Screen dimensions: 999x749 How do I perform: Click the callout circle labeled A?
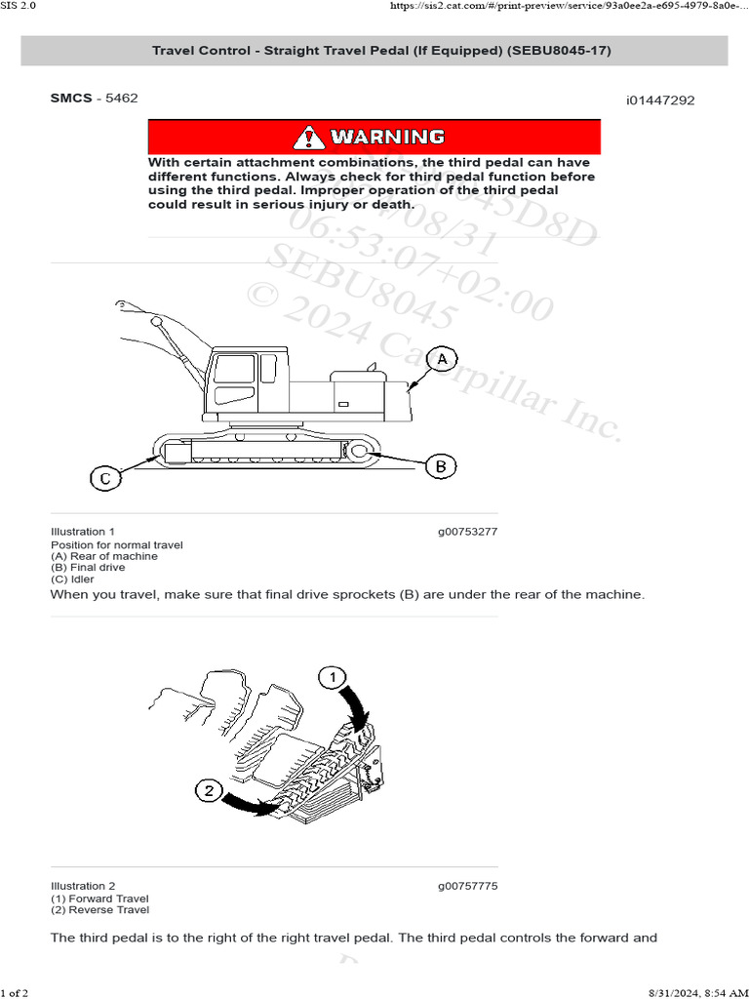(x=442, y=360)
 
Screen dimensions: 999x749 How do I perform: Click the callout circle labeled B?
(x=441, y=467)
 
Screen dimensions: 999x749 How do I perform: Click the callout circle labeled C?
(x=105, y=478)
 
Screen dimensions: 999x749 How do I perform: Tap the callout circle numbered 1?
(x=333, y=677)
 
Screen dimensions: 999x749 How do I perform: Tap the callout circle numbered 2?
(x=209, y=791)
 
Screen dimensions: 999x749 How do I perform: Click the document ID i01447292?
(x=660, y=100)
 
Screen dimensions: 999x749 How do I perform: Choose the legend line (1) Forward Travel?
(x=99, y=899)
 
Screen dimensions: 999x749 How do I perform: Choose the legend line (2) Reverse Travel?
(x=99, y=910)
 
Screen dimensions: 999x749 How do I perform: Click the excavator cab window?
(x=233, y=369)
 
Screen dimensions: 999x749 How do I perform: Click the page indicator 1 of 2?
(x=15, y=992)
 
